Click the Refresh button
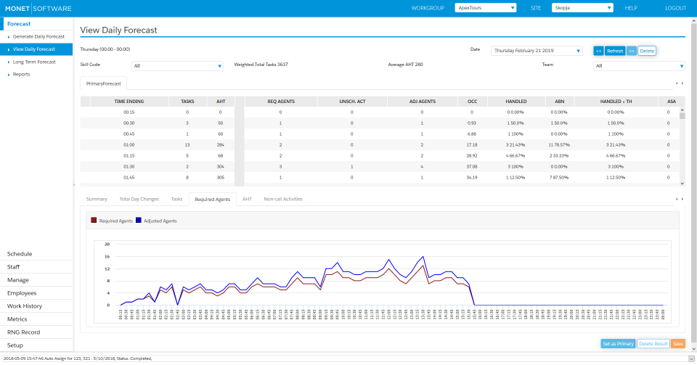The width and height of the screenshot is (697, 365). tap(615, 51)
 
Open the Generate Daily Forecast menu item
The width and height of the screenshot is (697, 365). tap(38, 36)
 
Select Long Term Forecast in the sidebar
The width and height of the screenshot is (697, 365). tap(34, 62)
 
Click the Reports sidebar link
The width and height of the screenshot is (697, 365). tap(22, 74)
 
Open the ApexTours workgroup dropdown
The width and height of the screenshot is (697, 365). tap(485, 8)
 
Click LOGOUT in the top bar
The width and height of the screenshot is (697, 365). tap(675, 8)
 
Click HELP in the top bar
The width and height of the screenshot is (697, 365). tap(631, 8)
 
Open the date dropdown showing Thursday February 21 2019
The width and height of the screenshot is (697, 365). tap(537, 51)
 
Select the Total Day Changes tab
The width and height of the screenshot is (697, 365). tap(139, 199)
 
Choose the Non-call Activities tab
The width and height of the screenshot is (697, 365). tap(283, 199)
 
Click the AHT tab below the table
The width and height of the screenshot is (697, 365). tap(247, 199)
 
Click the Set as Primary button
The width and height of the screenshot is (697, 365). tap(618, 343)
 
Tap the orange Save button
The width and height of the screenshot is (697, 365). tap(678, 343)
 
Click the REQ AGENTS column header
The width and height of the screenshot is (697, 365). tap(281, 102)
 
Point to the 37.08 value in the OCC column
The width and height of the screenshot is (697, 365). tap(472, 166)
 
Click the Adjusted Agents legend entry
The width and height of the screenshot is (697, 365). tap(156, 221)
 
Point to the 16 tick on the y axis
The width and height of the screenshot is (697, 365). tap(107, 256)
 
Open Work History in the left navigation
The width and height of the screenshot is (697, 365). tap(25, 306)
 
